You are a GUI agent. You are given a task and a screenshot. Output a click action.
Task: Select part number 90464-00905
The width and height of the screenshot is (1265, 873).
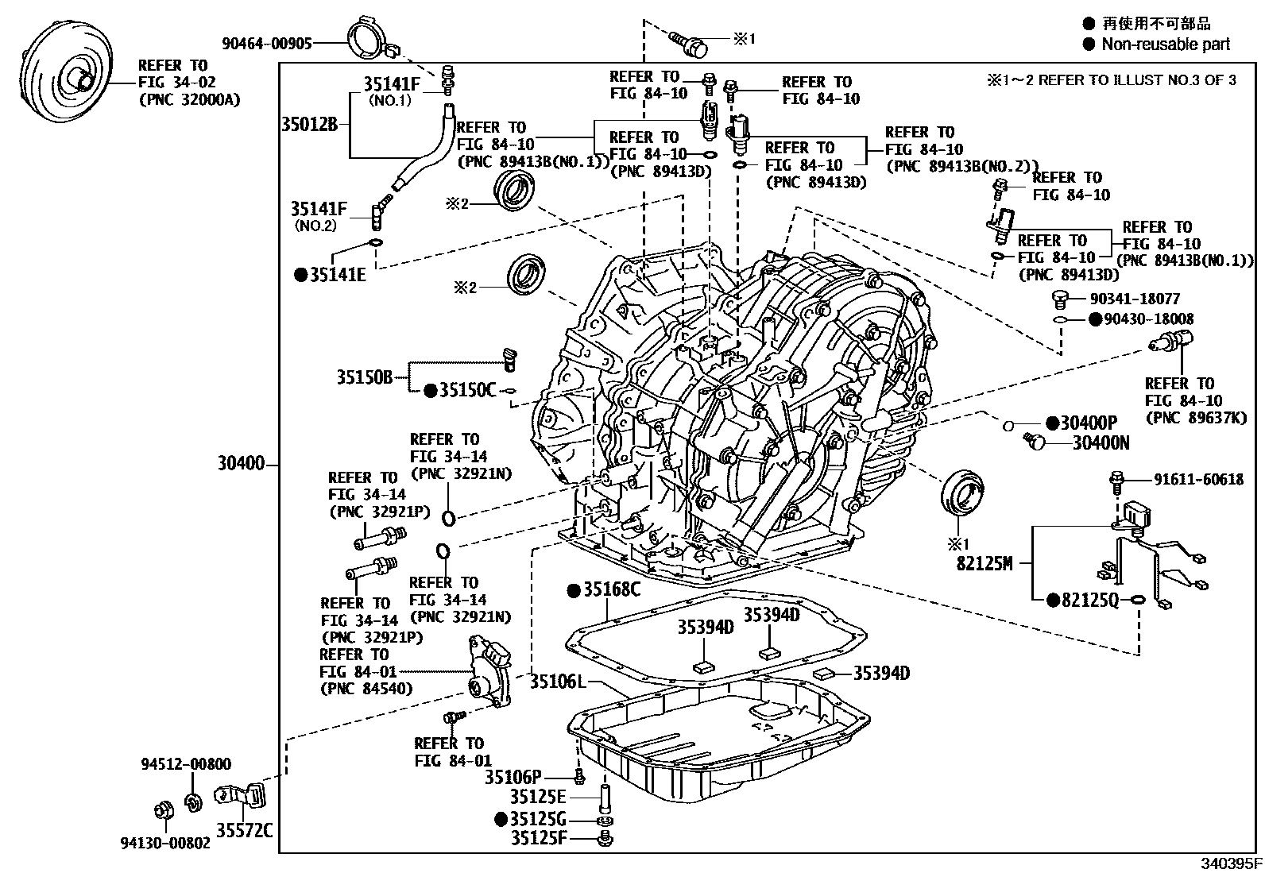(x=266, y=44)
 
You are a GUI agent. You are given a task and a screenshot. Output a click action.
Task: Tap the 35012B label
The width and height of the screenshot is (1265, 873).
(x=309, y=124)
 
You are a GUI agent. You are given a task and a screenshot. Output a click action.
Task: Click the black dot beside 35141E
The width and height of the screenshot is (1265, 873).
(x=300, y=276)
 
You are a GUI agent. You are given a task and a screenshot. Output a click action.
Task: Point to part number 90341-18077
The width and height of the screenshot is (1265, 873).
(x=1135, y=299)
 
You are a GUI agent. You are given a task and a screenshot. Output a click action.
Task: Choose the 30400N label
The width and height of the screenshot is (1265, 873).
(x=1101, y=443)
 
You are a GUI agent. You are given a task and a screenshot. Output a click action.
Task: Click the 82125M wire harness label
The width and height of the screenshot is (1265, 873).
(x=985, y=564)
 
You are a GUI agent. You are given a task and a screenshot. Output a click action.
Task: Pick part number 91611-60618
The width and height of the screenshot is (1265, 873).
(x=1198, y=479)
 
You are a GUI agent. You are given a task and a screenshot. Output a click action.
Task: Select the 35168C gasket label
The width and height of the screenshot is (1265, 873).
(x=611, y=590)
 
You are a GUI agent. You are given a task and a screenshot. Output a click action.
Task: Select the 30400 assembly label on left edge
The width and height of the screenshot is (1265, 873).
(x=241, y=463)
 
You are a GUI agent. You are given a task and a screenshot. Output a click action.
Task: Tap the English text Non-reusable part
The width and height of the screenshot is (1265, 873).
(x=1165, y=44)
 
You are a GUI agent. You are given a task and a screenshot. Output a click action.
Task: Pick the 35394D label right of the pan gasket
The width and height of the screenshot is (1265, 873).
(x=881, y=674)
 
